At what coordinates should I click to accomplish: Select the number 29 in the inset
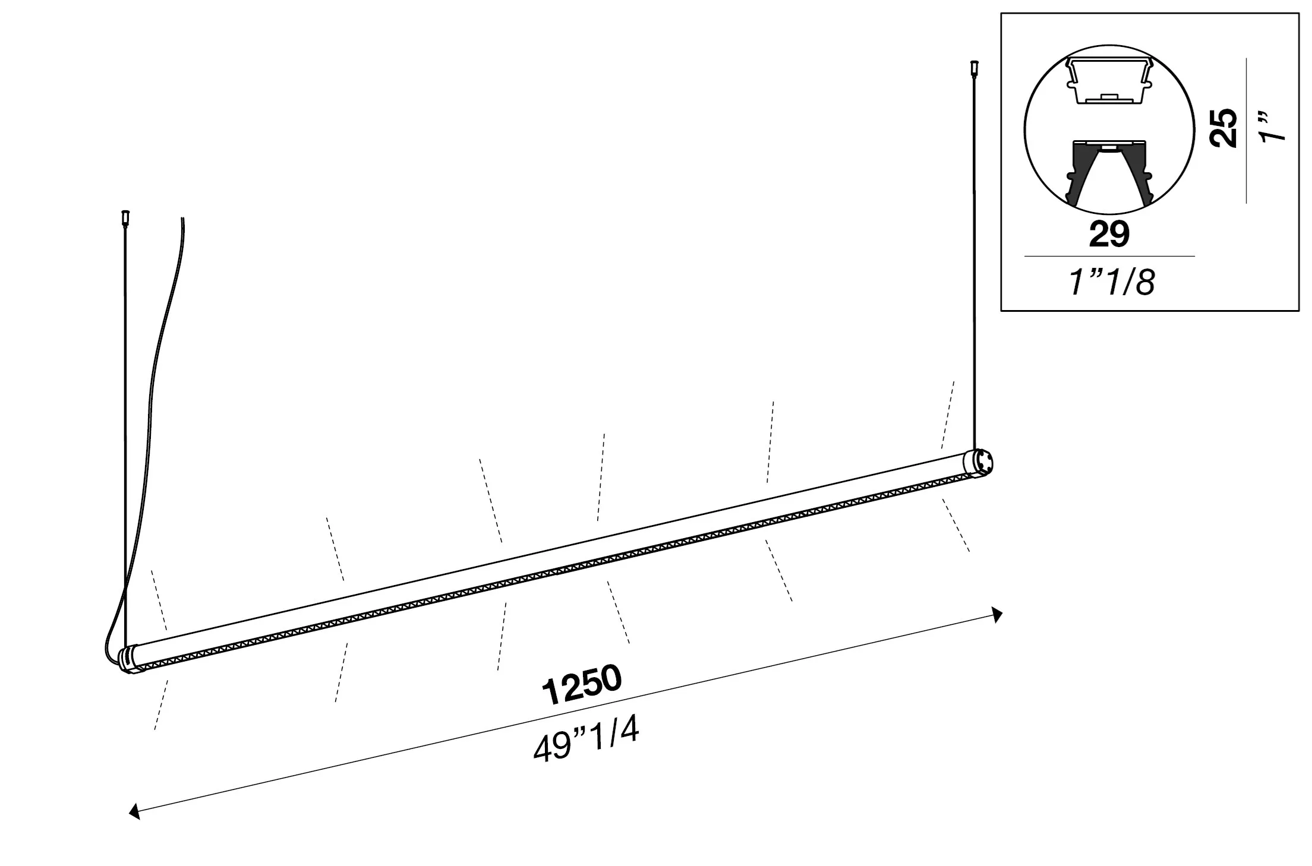[x=1109, y=234]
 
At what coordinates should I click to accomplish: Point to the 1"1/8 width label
[x=1111, y=282]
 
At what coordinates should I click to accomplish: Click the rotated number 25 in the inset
[x=1225, y=128]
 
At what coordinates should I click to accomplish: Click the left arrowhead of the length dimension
[x=135, y=811]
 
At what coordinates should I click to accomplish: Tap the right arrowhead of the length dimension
[x=997, y=615]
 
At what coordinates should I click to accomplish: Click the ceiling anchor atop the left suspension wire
[x=125, y=218]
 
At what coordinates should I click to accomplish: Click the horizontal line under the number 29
[x=1109, y=257]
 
